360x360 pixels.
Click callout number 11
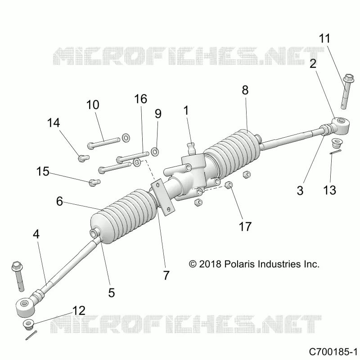(x=324, y=39)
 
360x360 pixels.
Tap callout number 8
(x=245, y=90)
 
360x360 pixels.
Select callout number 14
(x=54, y=122)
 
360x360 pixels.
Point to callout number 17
(x=245, y=226)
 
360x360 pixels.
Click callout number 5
(x=111, y=293)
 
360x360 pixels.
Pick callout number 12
(x=79, y=310)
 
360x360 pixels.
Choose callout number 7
(x=166, y=275)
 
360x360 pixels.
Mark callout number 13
(x=330, y=190)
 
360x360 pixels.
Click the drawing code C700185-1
(x=333, y=352)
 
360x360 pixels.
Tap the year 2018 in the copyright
(x=210, y=264)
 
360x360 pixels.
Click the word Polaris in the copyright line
(x=239, y=264)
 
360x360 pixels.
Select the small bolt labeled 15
(x=94, y=183)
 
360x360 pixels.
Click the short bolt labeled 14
(x=84, y=158)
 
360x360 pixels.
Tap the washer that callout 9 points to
(x=155, y=152)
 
